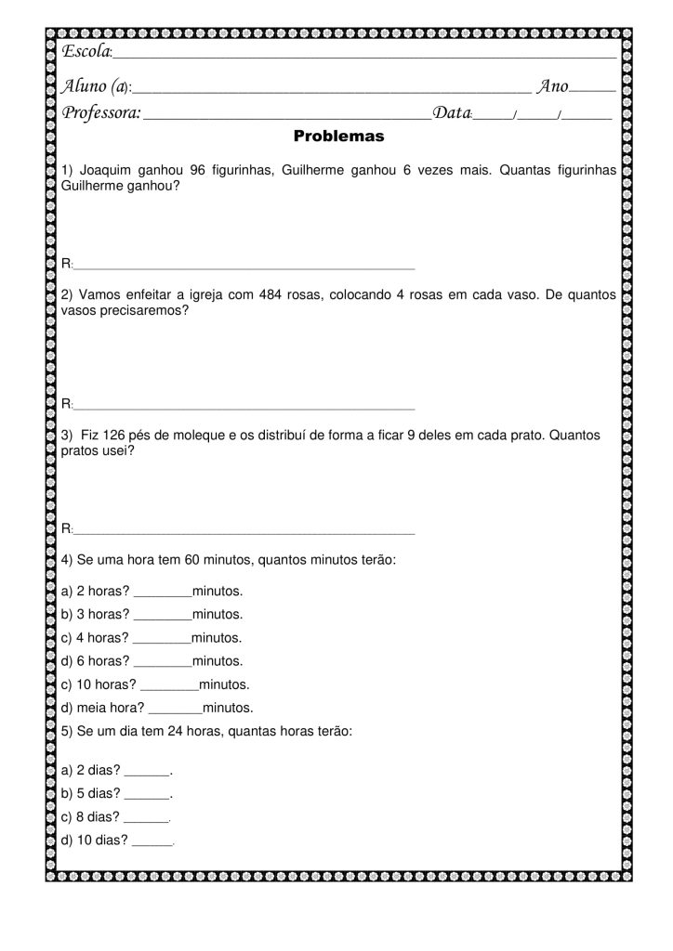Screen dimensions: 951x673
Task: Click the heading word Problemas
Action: [338, 136]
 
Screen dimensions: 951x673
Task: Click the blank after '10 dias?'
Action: [152, 842]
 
